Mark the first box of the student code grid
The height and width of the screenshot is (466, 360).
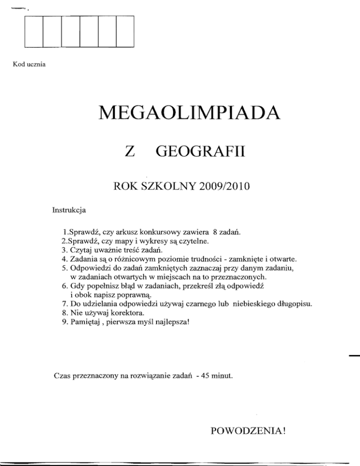(33, 31)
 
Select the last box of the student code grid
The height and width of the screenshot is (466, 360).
(125, 31)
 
